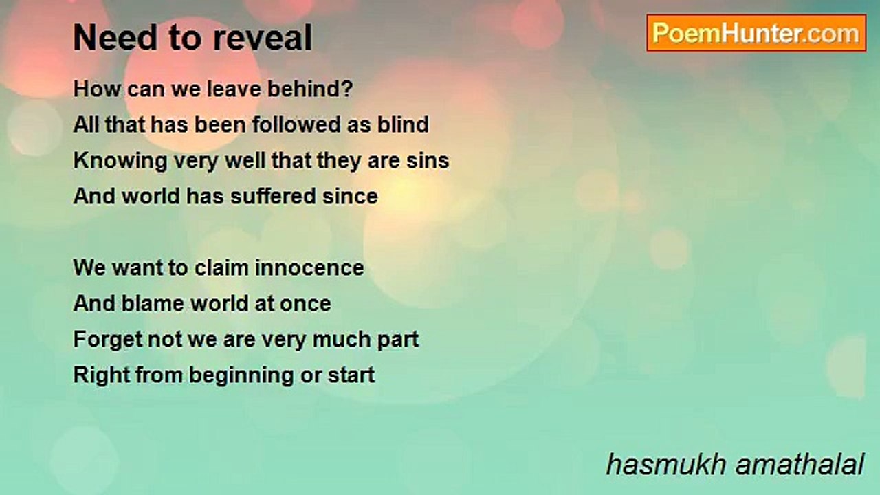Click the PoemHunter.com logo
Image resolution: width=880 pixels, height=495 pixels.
click(756, 33)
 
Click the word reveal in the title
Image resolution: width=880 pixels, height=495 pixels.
click(263, 37)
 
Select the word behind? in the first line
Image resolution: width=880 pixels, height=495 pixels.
click(310, 89)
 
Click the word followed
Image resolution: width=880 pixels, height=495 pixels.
click(296, 124)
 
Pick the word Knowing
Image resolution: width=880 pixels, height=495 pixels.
click(120, 161)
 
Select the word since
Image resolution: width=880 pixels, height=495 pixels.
click(350, 196)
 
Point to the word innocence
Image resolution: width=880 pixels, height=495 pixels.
click(309, 268)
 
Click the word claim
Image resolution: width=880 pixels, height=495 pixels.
click(221, 268)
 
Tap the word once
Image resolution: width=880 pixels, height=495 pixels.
click(305, 304)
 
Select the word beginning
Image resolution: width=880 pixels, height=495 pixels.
click(241, 375)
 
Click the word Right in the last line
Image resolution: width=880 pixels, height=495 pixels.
click(101, 375)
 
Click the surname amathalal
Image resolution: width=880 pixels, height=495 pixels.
click(800, 465)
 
